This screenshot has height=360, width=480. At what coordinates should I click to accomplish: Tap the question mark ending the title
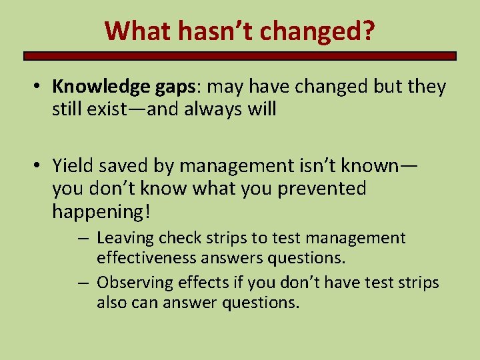[x=367, y=30]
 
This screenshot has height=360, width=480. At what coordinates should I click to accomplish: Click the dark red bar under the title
[x=240, y=57]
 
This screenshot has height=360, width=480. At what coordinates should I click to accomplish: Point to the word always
[x=205, y=109]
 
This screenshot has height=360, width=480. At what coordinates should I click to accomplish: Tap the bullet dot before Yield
[x=40, y=165]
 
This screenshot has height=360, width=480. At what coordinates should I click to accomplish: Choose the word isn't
[x=294, y=165]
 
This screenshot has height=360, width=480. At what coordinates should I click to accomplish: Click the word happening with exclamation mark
[x=102, y=213]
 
